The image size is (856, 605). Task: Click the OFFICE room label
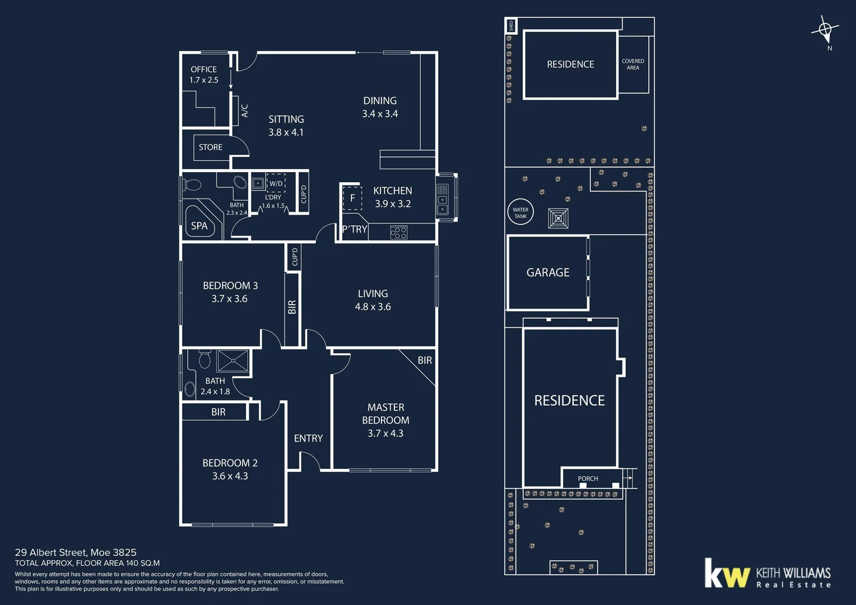(x=203, y=69)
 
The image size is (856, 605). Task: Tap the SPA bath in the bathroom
(x=199, y=225)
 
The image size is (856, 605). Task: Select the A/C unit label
(x=244, y=110)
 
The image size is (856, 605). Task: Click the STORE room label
(x=211, y=147)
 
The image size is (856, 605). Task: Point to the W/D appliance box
(x=276, y=183)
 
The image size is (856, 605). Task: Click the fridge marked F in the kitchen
(x=352, y=198)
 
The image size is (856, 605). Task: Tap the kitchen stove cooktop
(x=399, y=232)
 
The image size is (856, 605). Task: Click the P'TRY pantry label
(x=355, y=229)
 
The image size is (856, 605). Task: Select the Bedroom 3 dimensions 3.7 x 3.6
(x=230, y=299)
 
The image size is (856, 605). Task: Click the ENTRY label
(x=308, y=438)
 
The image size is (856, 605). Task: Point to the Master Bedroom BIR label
(x=425, y=360)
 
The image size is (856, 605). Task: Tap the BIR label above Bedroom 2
(x=218, y=412)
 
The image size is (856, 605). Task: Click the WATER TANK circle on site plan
(x=520, y=213)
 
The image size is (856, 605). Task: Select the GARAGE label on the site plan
(x=548, y=272)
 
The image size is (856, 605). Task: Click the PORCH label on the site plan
(x=588, y=478)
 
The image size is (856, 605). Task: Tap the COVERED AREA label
(x=633, y=64)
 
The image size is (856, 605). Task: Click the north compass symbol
(x=825, y=29)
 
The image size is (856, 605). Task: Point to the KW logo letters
(x=727, y=574)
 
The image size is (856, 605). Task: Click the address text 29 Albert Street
(x=76, y=552)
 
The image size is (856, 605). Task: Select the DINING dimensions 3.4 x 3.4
(x=380, y=114)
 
